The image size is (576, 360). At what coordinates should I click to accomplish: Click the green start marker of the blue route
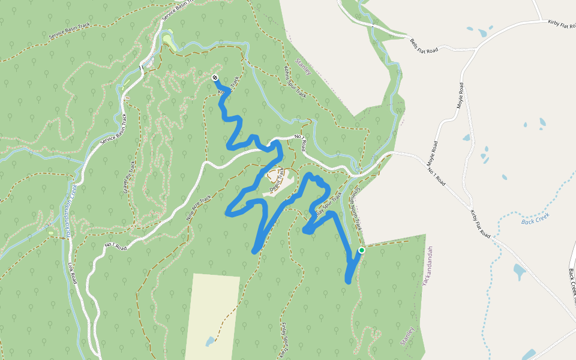pos(361,250)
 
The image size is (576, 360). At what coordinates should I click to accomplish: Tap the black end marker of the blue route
pos(214,77)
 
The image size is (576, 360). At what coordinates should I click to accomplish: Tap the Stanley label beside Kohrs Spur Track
pos(304,66)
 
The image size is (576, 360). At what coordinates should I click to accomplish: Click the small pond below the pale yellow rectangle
pos(209,342)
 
